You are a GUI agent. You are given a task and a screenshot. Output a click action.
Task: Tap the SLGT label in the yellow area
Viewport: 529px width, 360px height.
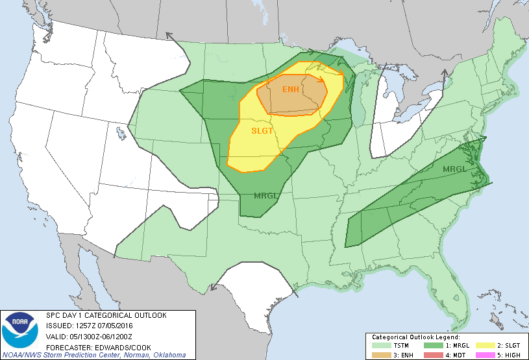pyautogui.click(x=263, y=131)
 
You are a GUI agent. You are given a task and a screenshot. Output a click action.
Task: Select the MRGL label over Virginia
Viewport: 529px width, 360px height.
pyautogui.click(x=455, y=169)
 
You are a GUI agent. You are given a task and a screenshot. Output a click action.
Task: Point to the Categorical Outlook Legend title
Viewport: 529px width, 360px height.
pyautogui.click(x=415, y=337)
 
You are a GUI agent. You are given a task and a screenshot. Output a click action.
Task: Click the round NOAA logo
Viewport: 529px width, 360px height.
pyautogui.click(x=19, y=330)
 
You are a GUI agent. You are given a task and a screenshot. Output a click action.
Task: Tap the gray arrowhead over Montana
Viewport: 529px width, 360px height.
pyautogui.click(x=168, y=36)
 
